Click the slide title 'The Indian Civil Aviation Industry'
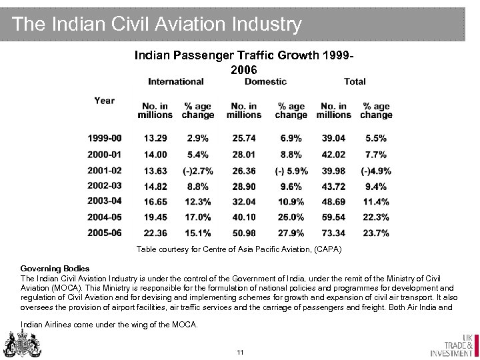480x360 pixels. click(x=157, y=25)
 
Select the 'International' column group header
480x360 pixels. click(x=176, y=81)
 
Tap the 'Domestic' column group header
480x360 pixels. click(x=265, y=81)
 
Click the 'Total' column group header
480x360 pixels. click(x=355, y=81)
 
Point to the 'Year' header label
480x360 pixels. click(x=104, y=101)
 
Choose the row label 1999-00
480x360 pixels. click(x=105, y=138)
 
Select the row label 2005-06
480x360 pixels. click(x=105, y=232)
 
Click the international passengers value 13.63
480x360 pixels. click(x=155, y=169)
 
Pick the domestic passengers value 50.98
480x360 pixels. click(x=243, y=232)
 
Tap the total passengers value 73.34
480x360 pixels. click(x=333, y=232)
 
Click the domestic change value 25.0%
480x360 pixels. click(x=291, y=216)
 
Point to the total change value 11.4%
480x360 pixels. click(x=375, y=201)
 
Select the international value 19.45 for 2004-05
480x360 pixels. click(x=155, y=216)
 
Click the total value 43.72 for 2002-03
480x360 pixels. click(x=333, y=185)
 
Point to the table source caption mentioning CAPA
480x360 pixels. click(x=239, y=249)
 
